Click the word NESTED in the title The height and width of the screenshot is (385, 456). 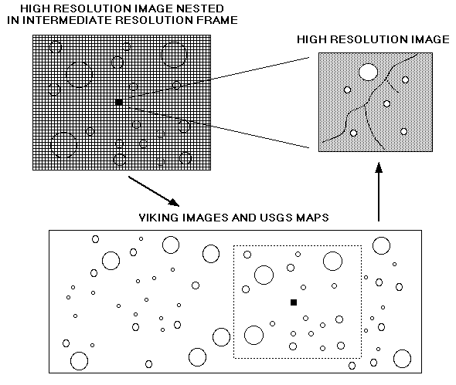200,8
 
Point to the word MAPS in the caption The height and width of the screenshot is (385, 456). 312,218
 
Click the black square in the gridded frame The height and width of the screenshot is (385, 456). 119,102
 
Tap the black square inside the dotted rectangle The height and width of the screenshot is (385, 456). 294,302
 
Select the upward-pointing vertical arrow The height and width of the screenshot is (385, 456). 379,191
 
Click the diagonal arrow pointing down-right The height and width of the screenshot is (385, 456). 154,191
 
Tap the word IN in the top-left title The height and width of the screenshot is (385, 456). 13,20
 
